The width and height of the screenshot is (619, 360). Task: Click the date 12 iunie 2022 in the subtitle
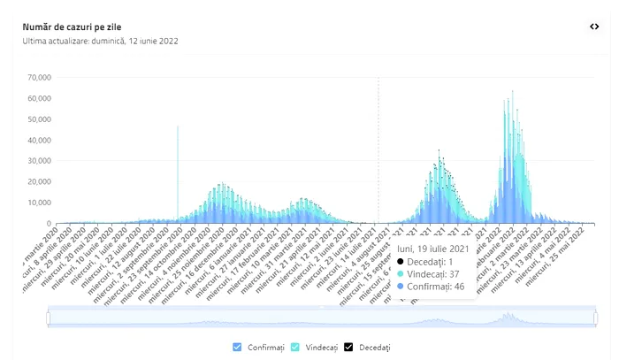tap(162, 41)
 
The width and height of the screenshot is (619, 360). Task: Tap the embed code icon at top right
tap(594, 27)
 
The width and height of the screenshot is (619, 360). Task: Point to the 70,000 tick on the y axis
tap(40, 78)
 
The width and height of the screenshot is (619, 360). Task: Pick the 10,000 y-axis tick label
tap(40, 203)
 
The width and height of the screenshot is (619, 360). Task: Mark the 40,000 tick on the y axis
tap(40, 141)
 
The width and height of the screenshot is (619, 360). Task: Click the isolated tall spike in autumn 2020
tap(178, 168)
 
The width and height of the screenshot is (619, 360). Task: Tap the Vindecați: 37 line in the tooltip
tap(432, 274)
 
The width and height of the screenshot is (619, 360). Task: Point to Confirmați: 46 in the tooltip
tap(435, 287)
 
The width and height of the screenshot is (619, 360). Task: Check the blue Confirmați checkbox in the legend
tap(236, 347)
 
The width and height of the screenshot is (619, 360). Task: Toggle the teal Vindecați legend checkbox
tap(296, 347)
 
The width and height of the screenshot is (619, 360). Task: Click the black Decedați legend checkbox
tap(348, 347)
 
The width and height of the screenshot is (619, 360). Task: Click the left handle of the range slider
tap(49, 318)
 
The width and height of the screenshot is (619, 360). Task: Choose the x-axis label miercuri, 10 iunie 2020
tap(84, 257)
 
